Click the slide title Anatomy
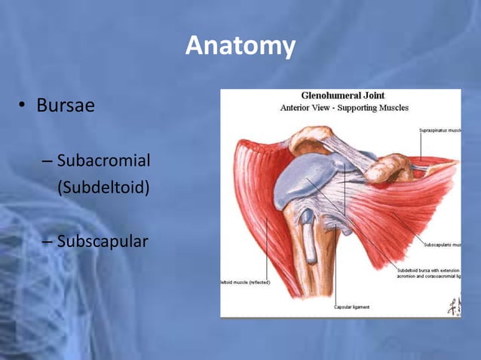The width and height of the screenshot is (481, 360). pos(240,46)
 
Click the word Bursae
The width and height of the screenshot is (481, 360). pos(66,105)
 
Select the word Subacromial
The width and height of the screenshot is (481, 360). pos(103,160)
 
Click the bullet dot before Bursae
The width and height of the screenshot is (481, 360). pos(23,106)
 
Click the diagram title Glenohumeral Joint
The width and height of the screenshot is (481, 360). pos(344,96)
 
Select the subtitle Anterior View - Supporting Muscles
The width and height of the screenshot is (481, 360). pos(344,108)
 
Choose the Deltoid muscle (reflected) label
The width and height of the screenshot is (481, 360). pos(246,282)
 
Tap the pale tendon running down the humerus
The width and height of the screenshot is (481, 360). pos(309,241)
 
